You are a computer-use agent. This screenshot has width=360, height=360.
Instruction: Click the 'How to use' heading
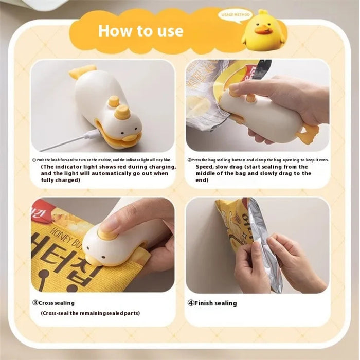pos(140,30)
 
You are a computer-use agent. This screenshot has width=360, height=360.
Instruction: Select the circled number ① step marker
pos(34,160)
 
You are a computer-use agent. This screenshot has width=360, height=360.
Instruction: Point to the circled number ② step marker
pos(189,160)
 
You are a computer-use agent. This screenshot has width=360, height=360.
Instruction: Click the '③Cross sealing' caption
pos(53,303)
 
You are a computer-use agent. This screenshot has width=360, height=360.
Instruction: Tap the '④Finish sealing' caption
pos(211,303)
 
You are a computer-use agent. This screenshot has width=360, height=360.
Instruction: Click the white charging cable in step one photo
pos(77,138)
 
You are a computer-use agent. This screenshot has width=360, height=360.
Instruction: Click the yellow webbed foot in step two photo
pos(307,134)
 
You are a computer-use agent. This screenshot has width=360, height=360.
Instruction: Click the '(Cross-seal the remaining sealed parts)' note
pos(90,313)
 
